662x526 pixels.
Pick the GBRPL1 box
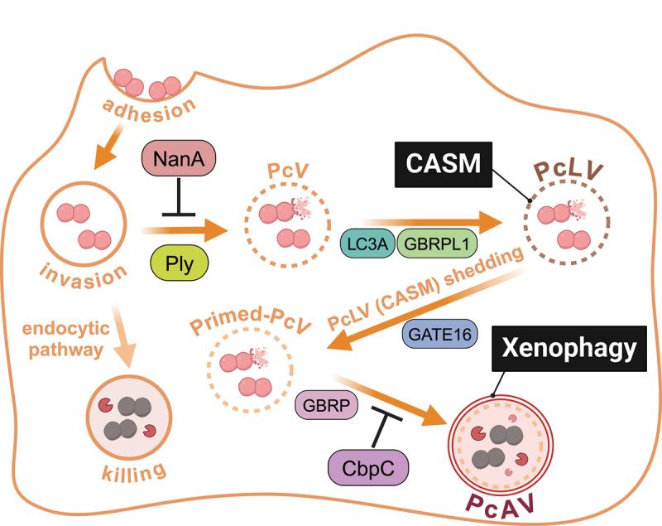click(x=433, y=245)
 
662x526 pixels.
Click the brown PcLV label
click(x=569, y=172)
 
